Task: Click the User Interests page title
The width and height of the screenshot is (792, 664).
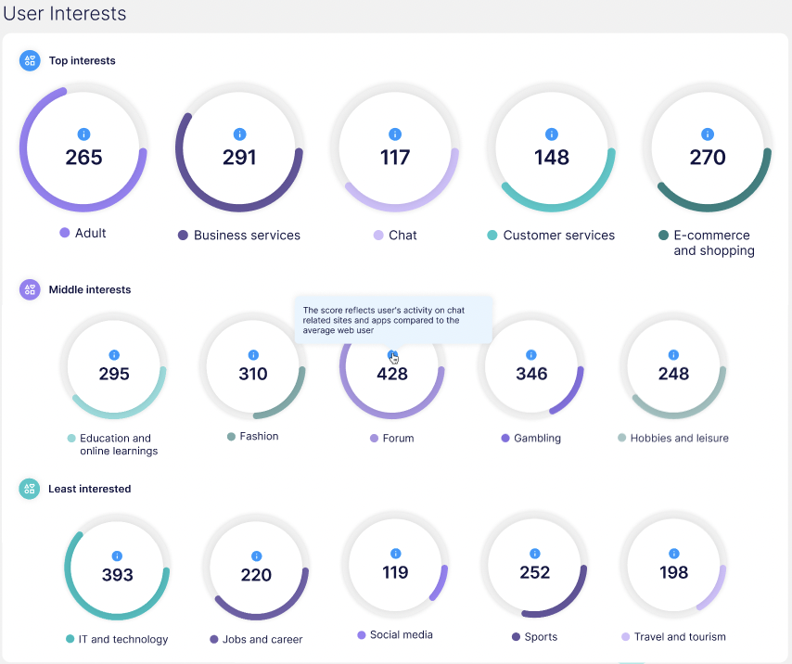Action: click(x=65, y=14)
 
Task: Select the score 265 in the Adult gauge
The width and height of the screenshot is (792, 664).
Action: click(x=83, y=158)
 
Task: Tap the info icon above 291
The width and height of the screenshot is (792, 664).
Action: click(x=239, y=134)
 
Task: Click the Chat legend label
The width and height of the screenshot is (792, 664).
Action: click(x=402, y=236)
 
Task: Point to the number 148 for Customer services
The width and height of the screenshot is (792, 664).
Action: click(x=551, y=158)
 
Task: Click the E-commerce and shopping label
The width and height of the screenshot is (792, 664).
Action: click(x=712, y=243)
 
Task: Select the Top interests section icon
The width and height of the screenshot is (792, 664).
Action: click(x=30, y=60)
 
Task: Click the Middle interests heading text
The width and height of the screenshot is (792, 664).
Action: click(x=90, y=289)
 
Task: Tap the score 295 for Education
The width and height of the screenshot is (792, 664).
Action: click(x=114, y=375)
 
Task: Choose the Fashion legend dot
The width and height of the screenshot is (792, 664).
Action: click(x=231, y=436)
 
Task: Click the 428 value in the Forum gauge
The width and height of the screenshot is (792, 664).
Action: click(x=392, y=375)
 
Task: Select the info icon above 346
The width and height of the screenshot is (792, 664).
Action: click(x=531, y=354)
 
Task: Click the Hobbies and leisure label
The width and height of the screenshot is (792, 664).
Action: click(x=679, y=438)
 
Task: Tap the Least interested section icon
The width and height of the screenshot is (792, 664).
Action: click(x=30, y=489)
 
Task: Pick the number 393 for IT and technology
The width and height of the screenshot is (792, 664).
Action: click(x=118, y=575)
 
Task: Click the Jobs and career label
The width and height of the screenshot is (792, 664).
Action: click(x=262, y=639)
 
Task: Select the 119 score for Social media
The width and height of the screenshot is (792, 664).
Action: click(x=395, y=572)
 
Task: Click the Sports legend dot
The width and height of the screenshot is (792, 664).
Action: click(x=516, y=637)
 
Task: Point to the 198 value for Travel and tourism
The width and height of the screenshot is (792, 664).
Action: click(x=673, y=572)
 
